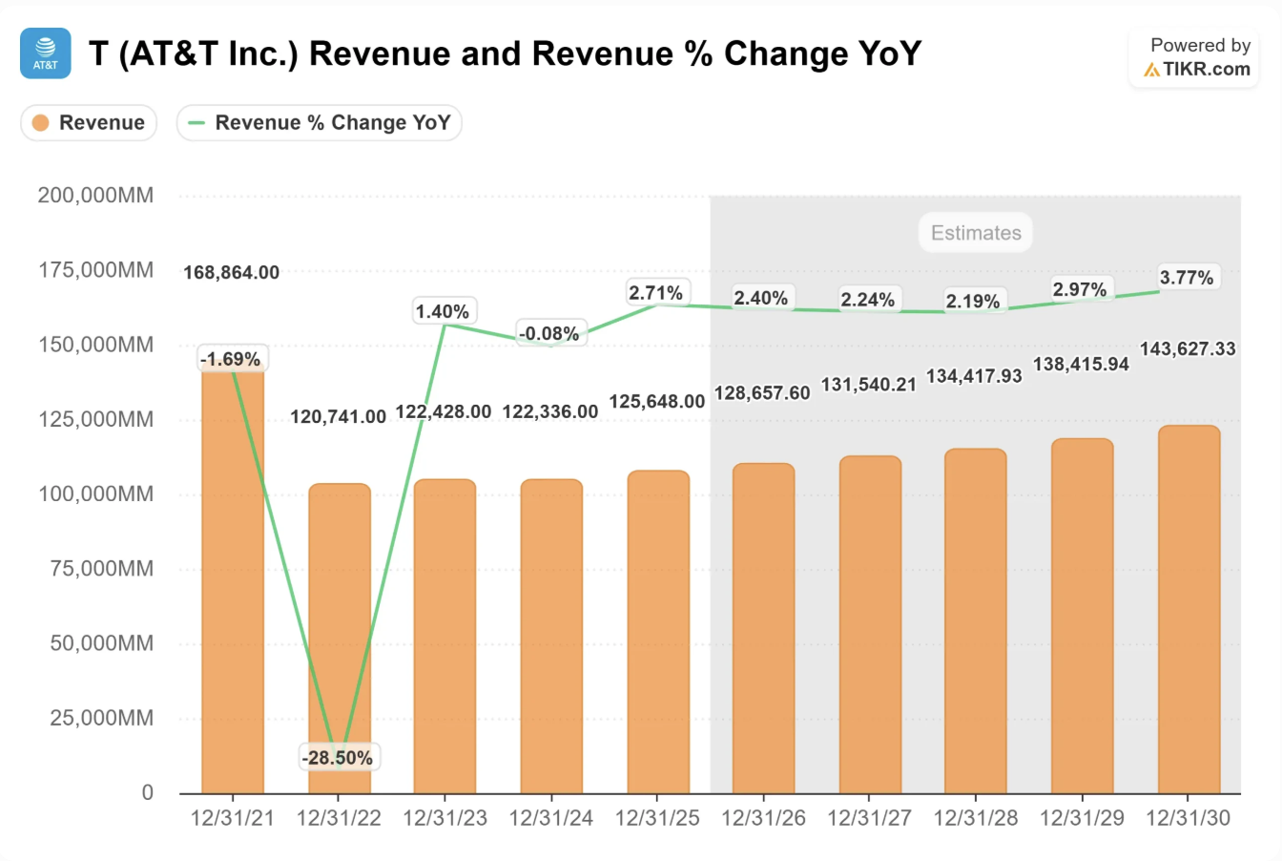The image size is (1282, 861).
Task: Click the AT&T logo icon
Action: (45, 53)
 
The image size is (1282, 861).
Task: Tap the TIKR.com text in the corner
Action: (1206, 69)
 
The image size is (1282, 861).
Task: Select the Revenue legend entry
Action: (89, 123)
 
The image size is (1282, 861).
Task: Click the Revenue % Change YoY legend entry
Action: (320, 123)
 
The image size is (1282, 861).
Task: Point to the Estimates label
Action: (976, 233)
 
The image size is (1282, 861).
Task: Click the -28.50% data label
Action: (338, 758)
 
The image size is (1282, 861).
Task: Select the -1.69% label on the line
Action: (231, 359)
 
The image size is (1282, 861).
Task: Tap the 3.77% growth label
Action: (1187, 278)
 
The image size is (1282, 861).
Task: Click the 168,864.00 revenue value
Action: (232, 273)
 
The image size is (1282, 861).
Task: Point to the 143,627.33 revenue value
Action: (1188, 348)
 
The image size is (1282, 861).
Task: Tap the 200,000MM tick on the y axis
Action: (95, 196)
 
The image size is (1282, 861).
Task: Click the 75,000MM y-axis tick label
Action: (101, 569)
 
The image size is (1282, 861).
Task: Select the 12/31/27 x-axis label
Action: (870, 818)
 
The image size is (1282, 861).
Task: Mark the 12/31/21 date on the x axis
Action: (232, 818)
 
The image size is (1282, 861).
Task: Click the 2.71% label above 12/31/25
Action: (655, 292)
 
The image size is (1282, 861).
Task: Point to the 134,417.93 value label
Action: (974, 376)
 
